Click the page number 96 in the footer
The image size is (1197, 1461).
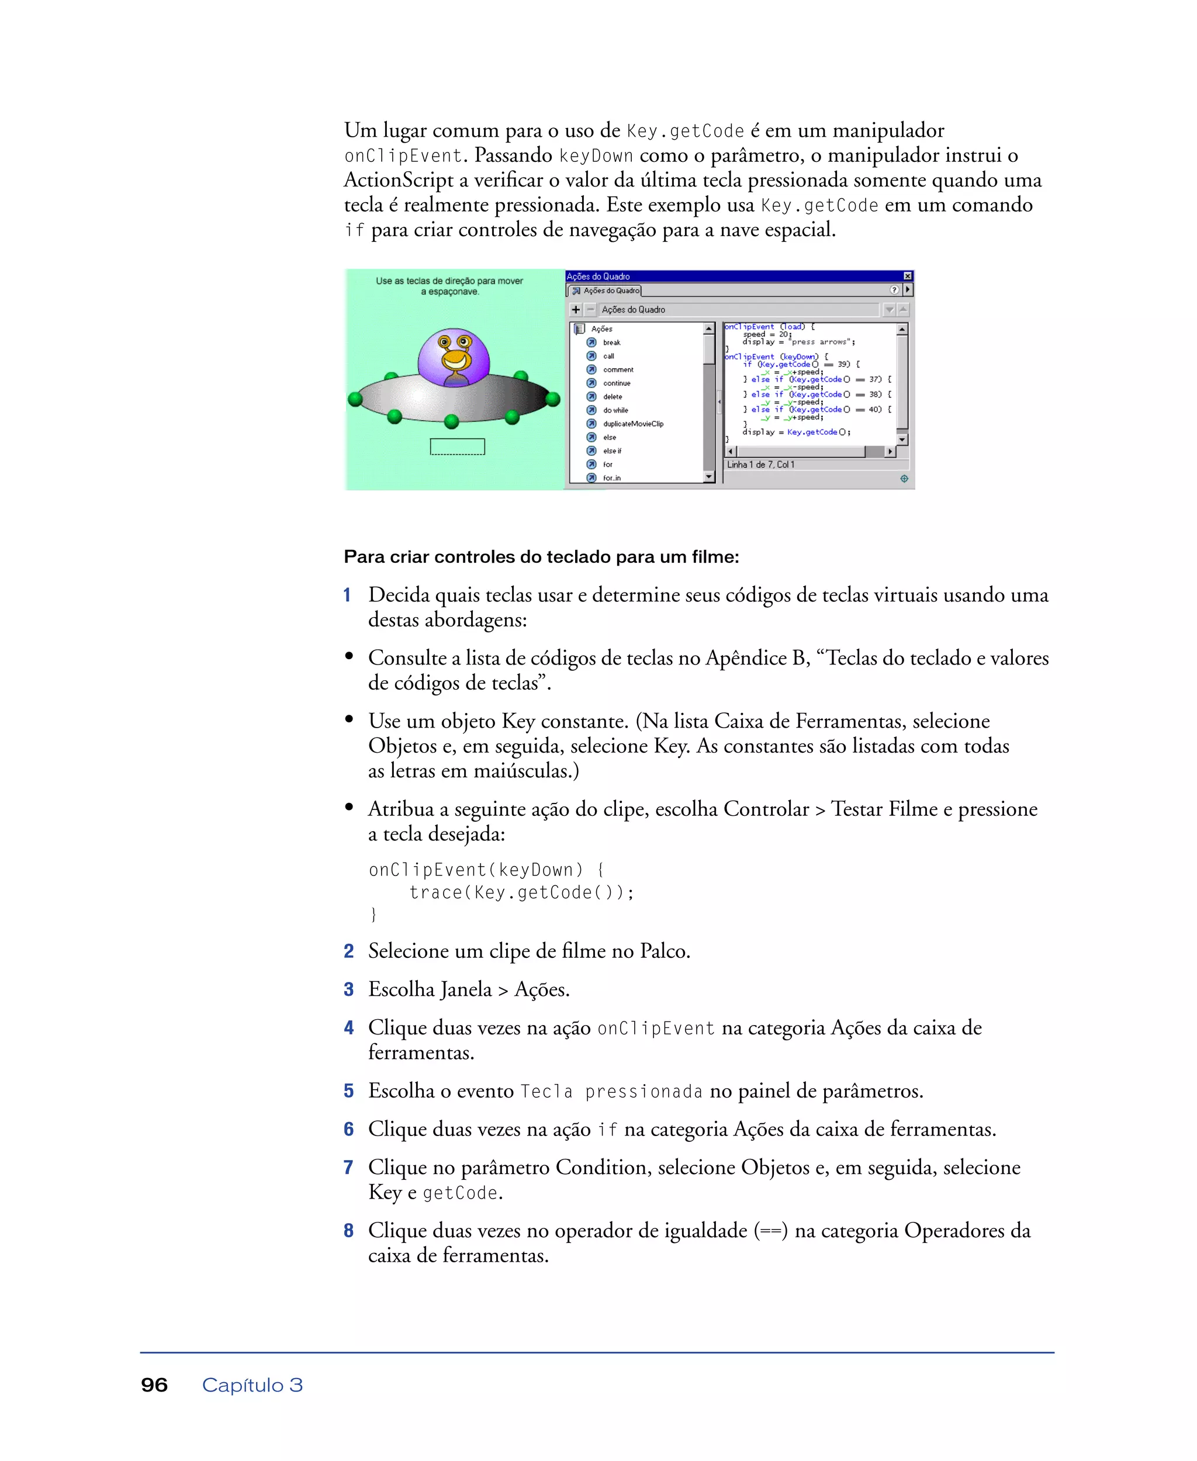pyautogui.click(x=154, y=1385)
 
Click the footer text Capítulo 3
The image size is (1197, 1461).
pyautogui.click(x=252, y=1385)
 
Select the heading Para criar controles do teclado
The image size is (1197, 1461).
pyautogui.click(x=541, y=557)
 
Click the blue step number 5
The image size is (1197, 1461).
pyautogui.click(x=349, y=1090)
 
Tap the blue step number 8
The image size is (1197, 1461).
pyautogui.click(x=349, y=1230)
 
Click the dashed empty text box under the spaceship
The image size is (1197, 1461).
pyautogui.click(x=457, y=447)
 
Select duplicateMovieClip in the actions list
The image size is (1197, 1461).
pyautogui.click(x=632, y=424)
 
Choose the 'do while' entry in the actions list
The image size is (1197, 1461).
pyautogui.click(x=615, y=410)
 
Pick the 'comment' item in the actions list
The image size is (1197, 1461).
pyautogui.click(x=618, y=369)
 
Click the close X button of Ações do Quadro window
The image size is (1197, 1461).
pyautogui.click(x=908, y=276)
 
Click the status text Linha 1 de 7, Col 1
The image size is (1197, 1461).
pyautogui.click(x=760, y=465)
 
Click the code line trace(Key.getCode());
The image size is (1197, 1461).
pyautogui.click(x=521, y=892)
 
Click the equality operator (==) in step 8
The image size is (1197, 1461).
pyautogui.click(x=770, y=1231)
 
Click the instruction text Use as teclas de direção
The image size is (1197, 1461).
pyautogui.click(x=449, y=281)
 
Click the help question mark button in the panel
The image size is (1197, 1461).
pyautogui.click(x=894, y=290)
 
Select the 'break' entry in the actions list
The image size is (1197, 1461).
pyautogui.click(x=611, y=342)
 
